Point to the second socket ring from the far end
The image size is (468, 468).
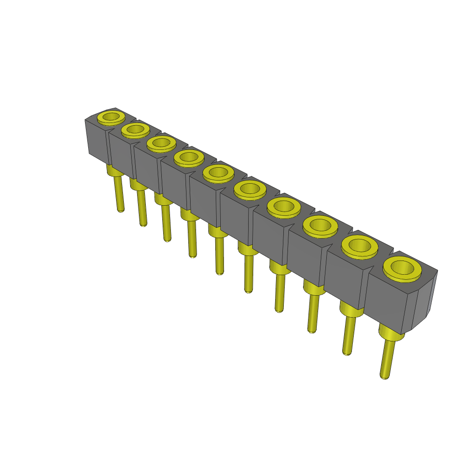(135, 130)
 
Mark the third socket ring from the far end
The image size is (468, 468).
(161, 143)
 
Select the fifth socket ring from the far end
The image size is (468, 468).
(218, 173)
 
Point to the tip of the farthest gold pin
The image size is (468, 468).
(120, 209)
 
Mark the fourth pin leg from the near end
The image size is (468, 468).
(279, 292)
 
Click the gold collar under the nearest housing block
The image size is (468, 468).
(391, 334)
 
